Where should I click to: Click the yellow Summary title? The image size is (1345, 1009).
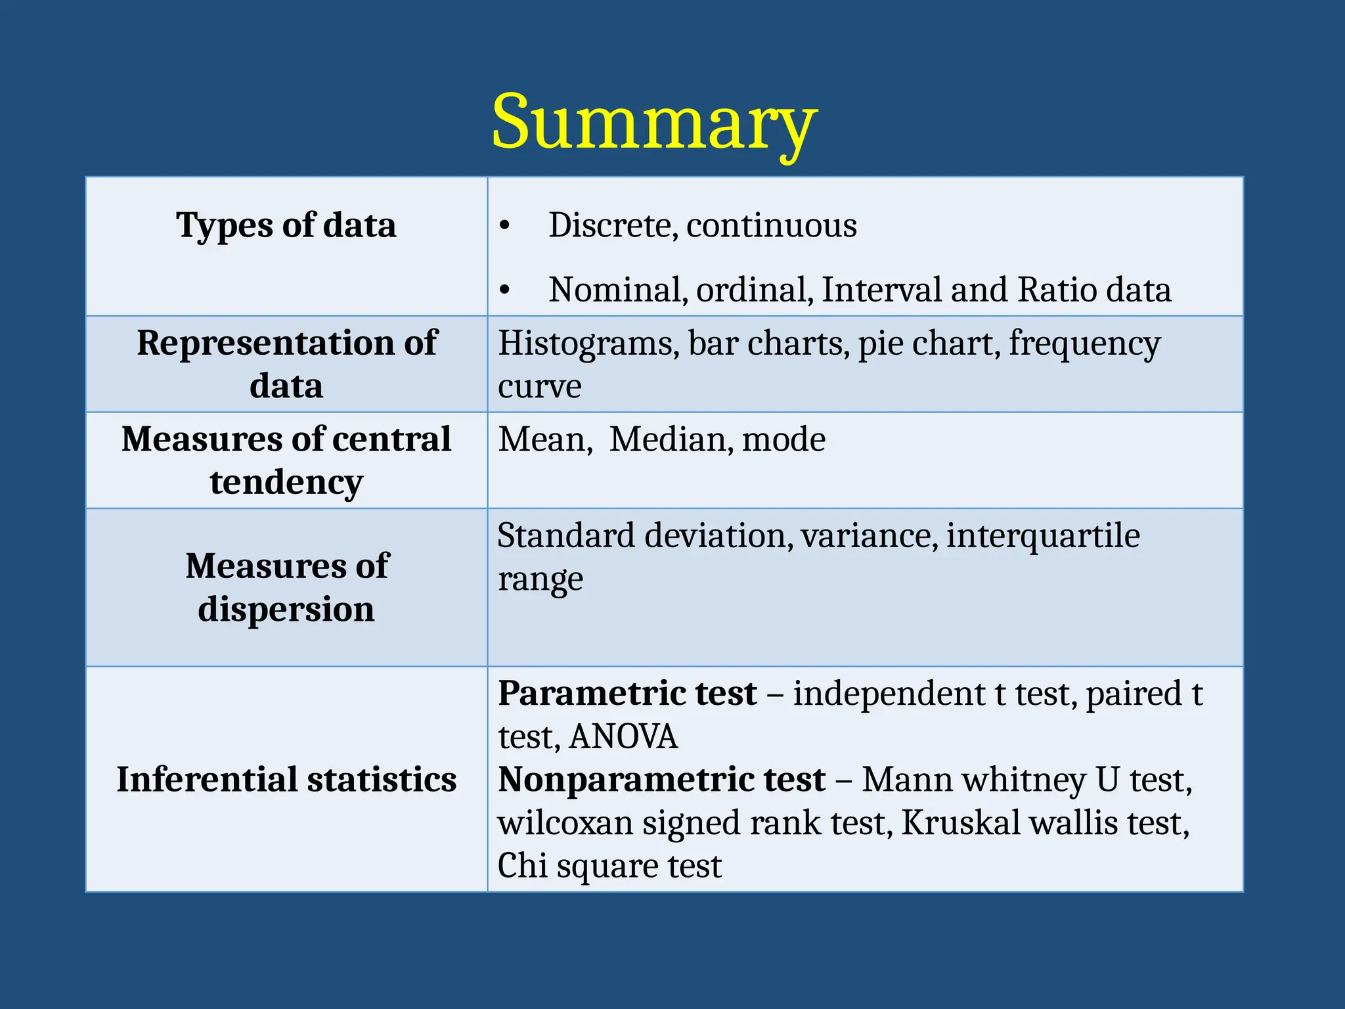pyautogui.click(x=654, y=123)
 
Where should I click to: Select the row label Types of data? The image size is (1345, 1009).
pyautogui.click(x=286, y=225)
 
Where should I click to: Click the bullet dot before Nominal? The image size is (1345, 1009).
pyautogui.click(x=504, y=290)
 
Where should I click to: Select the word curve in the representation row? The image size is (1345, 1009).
pyautogui.click(x=539, y=386)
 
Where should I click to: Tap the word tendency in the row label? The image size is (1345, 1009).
pyautogui.click(x=286, y=483)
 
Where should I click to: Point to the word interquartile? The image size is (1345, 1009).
pyautogui.click(x=1043, y=535)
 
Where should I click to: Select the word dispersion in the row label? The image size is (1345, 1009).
pyautogui.click(x=286, y=609)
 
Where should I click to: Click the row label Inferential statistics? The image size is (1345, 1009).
pyautogui.click(x=286, y=780)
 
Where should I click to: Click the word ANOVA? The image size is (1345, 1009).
pyautogui.click(x=623, y=736)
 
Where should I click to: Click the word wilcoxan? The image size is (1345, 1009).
pyautogui.click(x=565, y=822)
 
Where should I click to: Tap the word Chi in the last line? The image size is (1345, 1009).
pyautogui.click(x=522, y=865)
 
